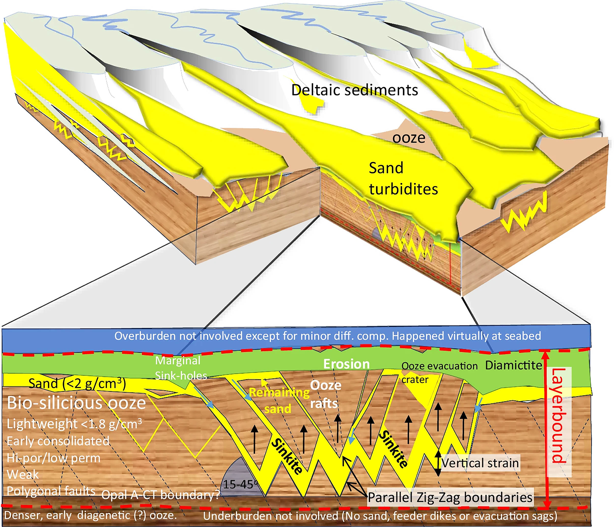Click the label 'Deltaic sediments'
pos(354,90)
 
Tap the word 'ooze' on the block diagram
pos(409,138)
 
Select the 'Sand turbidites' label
pos(403,179)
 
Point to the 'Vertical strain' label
pos(480,463)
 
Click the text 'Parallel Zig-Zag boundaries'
pos(450,497)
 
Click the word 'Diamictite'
pos(513,365)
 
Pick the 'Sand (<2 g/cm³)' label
pos(77,384)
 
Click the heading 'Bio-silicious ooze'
pos(76,403)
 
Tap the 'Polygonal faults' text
pos(51,491)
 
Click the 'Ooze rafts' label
pos(325,394)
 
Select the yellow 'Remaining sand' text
pos(279,400)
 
